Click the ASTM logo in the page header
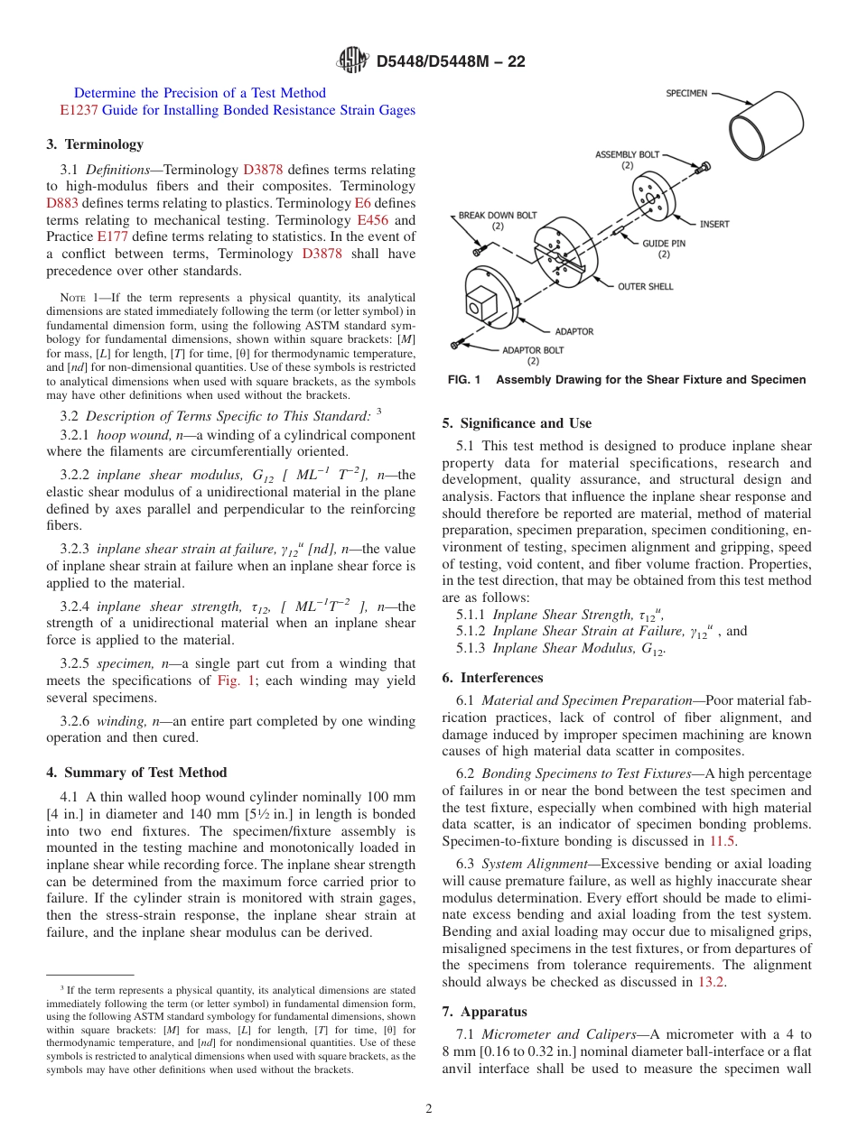(352, 60)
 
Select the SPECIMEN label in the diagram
(686, 93)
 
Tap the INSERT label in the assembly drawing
(714, 224)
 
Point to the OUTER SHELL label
(645, 287)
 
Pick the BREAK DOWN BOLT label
(497, 216)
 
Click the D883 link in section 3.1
(62, 203)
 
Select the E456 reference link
(374, 220)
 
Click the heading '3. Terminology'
(95, 144)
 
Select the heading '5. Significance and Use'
(517, 423)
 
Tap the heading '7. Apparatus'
(484, 1012)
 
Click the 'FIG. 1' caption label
(464, 380)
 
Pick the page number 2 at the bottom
(429, 1109)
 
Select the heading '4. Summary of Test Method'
(136, 773)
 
